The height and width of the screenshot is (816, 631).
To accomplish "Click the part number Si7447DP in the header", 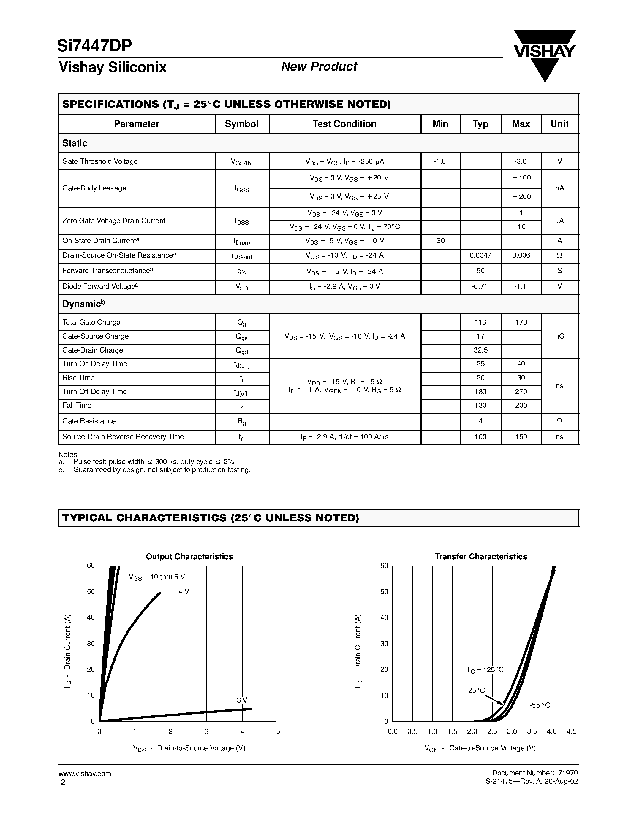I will point(94,46).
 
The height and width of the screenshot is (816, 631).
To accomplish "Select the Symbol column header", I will point(241,124).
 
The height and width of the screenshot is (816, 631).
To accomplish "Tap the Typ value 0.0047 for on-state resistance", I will point(480,255).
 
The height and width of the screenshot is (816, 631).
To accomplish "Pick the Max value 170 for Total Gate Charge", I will point(521,322).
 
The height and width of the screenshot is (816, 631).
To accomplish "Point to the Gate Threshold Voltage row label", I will point(100,161).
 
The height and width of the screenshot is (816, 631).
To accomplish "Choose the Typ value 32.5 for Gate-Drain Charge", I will point(480,350).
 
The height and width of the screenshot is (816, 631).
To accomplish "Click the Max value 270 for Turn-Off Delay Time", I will point(521,392).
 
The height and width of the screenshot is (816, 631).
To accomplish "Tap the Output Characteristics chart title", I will point(189,557).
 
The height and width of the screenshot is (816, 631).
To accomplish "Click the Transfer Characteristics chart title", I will point(481,557).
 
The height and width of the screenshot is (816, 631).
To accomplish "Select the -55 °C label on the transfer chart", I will point(540,705).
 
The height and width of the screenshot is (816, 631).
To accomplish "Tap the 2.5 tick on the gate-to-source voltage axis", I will point(492,731).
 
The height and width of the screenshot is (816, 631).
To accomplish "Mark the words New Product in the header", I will point(319,66).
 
